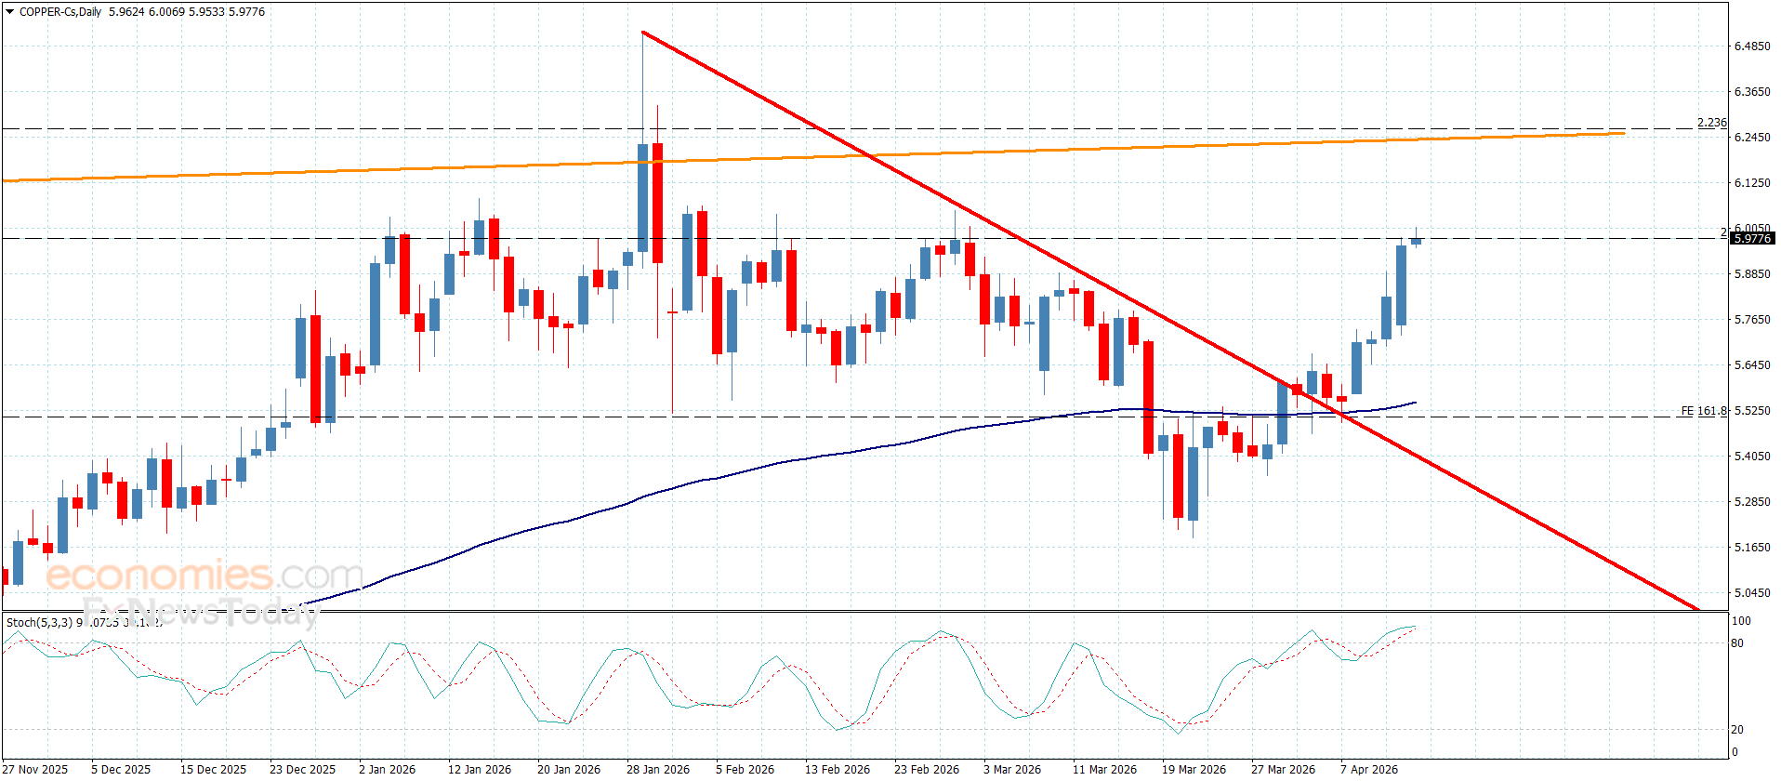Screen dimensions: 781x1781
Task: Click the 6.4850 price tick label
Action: pos(1751,46)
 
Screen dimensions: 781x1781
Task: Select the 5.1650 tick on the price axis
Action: pos(1751,548)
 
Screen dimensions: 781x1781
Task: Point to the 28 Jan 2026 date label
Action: pos(657,769)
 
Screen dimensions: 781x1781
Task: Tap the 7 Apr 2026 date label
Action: pos(1368,769)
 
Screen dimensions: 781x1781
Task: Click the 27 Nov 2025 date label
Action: pos(36,769)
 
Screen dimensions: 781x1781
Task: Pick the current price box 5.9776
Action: pos(1752,239)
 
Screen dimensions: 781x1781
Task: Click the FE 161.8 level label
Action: pos(1703,411)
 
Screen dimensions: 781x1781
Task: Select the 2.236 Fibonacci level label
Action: pos(1711,123)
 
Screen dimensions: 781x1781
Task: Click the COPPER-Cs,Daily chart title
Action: pos(60,12)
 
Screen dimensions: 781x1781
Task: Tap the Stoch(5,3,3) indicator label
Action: pos(40,622)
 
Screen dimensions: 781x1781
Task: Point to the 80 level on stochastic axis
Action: pos(1736,643)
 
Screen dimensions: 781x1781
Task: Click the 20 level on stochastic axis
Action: pos(1736,730)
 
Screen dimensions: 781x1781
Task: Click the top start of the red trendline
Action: pos(643,33)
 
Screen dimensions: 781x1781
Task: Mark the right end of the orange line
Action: pos(1623,134)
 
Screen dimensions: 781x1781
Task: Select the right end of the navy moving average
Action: pos(1415,403)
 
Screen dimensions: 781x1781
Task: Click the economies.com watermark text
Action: pos(204,576)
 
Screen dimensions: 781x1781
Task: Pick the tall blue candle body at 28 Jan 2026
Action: pos(642,197)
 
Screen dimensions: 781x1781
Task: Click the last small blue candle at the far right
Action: pos(1416,242)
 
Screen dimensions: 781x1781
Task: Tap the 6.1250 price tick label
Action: pos(1751,183)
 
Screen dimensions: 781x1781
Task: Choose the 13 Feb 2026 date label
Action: pos(837,769)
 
